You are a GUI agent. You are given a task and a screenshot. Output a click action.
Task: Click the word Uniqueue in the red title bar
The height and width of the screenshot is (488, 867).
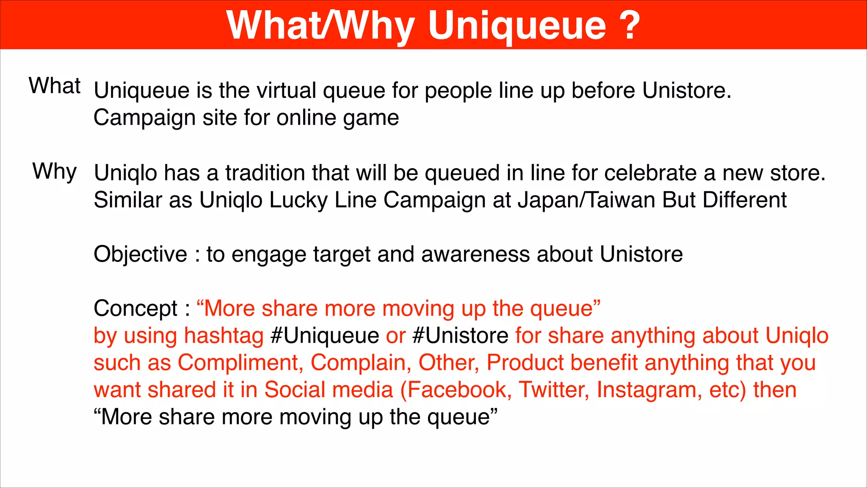click(517, 26)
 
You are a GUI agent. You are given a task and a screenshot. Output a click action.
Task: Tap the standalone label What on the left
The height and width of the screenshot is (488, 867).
click(55, 86)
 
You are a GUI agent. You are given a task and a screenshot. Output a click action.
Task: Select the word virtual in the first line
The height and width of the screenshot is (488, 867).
click(286, 91)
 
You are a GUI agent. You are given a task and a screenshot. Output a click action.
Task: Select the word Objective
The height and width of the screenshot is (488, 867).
click(140, 255)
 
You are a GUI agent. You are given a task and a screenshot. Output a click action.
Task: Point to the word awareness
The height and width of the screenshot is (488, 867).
click(475, 255)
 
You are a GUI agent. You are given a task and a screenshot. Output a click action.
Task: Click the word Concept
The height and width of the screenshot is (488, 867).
click(135, 309)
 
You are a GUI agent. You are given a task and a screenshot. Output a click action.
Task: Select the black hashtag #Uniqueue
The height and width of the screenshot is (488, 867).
click(325, 336)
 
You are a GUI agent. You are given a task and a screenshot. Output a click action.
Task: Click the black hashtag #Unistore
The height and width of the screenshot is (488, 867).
click(460, 336)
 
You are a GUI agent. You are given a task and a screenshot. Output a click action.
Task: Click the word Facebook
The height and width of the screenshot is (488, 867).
click(456, 390)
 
